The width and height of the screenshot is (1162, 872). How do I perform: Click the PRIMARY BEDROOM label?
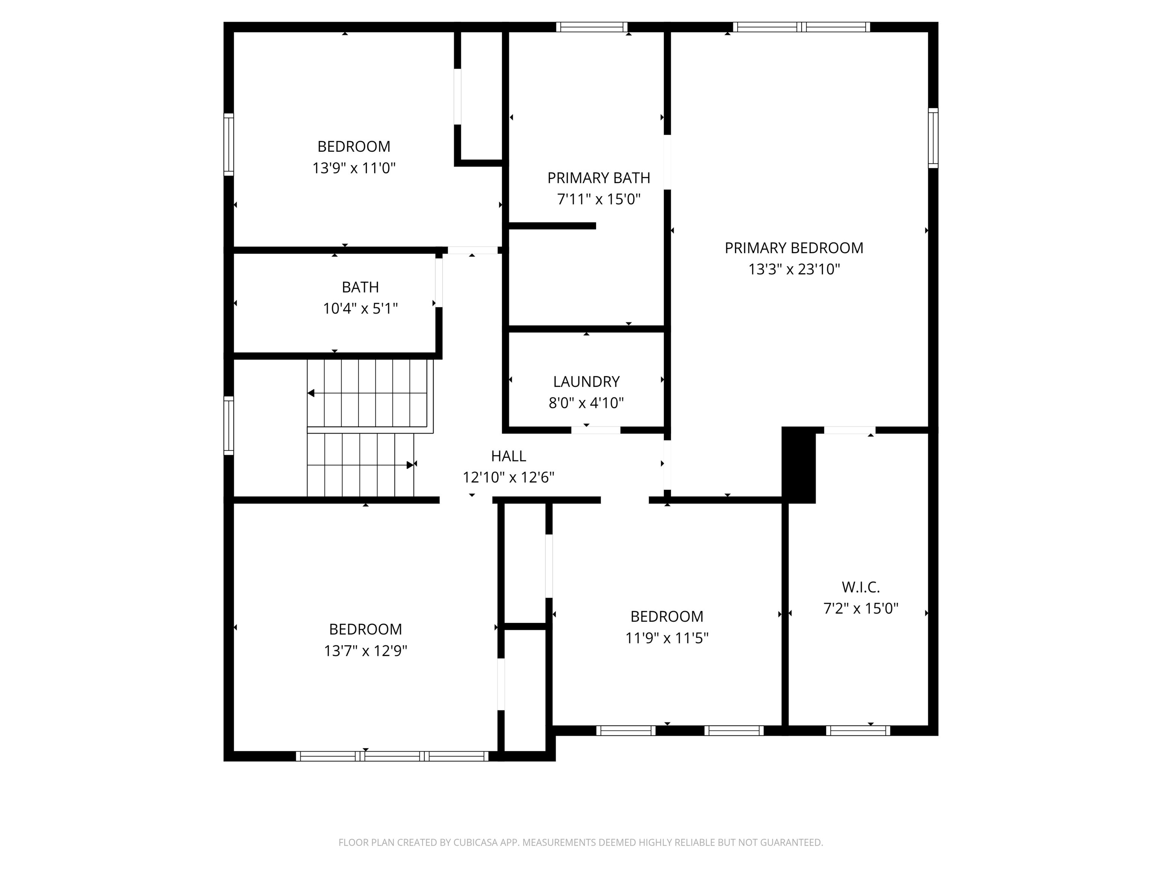tap(794, 248)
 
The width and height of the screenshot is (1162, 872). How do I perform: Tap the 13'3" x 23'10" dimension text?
tap(794, 269)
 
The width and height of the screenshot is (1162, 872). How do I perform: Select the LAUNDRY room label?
tap(586, 381)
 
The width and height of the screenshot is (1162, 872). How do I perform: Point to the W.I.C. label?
tap(861, 587)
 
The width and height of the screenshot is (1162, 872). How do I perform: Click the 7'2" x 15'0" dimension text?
tap(861, 609)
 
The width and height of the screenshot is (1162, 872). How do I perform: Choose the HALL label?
tap(508, 456)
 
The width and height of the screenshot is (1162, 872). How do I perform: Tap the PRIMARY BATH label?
tap(598, 178)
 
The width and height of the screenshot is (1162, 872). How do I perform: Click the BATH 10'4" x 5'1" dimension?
tap(360, 308)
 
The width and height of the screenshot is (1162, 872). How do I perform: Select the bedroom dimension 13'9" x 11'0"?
tap(354, 168)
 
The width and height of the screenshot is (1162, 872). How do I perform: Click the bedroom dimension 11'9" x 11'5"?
tap(666, 638)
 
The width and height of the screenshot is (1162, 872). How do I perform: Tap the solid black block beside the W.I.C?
tap(798, 465)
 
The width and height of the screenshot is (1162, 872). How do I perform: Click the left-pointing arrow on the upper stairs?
tap(311, 393)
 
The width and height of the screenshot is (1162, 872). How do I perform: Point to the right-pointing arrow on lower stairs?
tap(410, 465)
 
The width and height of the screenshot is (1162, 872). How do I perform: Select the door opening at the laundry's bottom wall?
tap(596, 430)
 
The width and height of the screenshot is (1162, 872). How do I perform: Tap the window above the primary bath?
tap(592, 27)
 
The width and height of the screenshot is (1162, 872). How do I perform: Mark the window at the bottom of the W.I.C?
tap(858, 730)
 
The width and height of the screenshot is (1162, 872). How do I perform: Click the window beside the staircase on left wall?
tap(228, 426)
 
